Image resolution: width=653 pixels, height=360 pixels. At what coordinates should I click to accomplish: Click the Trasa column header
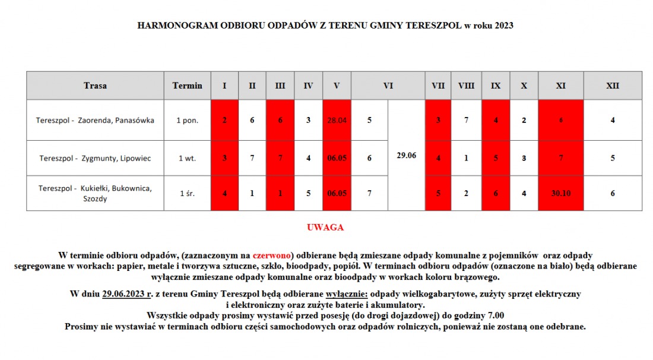[95, 86]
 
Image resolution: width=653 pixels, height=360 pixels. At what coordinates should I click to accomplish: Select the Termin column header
[187, 86]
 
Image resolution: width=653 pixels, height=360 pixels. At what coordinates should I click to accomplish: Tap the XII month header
[613, 86]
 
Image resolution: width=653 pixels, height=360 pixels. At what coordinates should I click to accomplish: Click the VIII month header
[466, 86]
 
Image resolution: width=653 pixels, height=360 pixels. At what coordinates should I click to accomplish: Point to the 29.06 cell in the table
[406, 156]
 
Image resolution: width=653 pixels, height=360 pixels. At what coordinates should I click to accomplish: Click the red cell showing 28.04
[337, 120]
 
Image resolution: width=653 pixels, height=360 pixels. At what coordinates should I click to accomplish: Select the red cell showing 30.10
[560, 193]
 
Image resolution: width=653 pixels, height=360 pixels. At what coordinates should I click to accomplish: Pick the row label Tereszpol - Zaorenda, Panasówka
[95, 120]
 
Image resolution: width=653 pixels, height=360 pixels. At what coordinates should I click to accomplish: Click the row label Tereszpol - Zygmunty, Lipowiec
[95, 158]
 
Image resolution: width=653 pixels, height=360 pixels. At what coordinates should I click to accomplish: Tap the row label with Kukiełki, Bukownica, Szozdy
[95, 193]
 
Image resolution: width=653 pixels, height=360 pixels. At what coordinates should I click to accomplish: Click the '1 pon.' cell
[187, 120]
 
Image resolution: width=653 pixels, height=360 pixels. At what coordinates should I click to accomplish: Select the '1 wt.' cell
[187, 158]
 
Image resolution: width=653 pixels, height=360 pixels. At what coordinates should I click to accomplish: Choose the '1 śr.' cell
[187, 193]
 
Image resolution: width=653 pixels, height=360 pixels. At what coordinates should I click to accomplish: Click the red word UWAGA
[325, 228]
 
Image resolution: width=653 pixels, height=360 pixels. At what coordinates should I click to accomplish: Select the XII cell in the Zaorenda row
[613, 120]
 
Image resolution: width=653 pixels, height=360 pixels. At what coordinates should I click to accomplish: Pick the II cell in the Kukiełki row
[252, 193]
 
